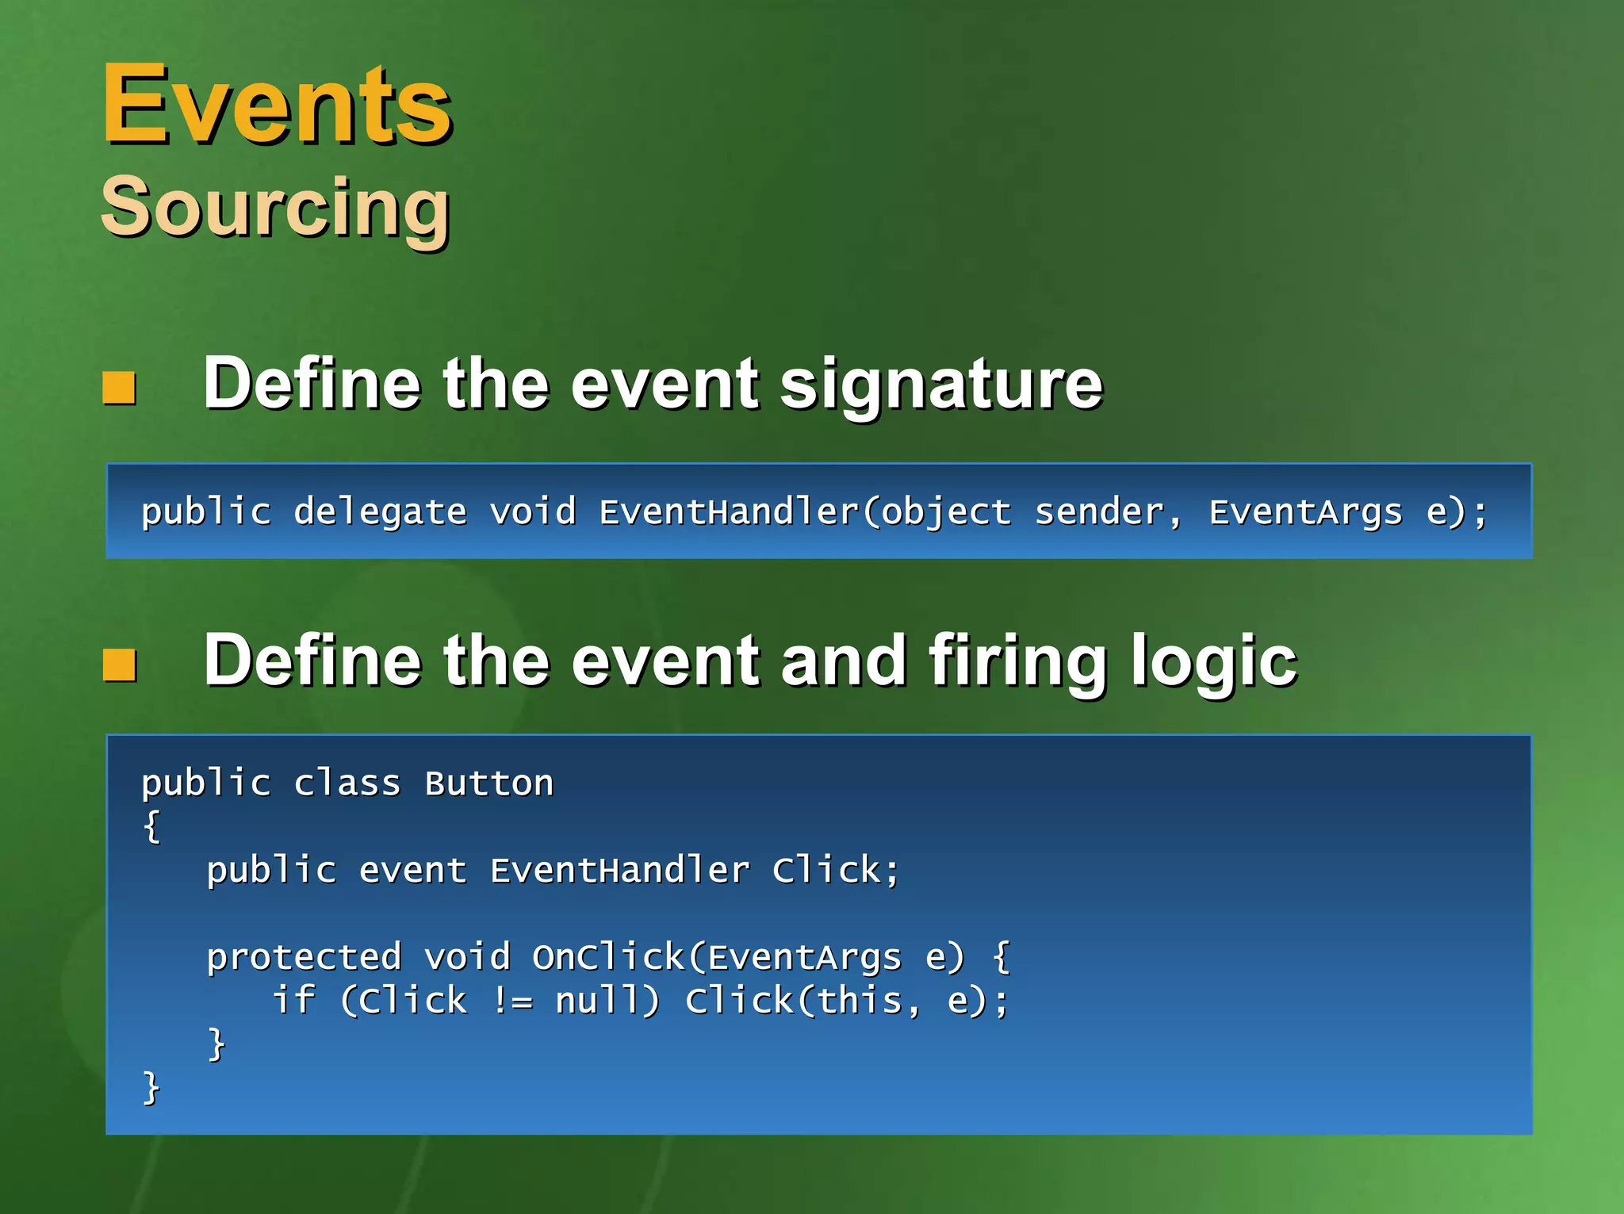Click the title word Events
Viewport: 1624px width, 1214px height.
pyautogui.click(x=277, y=105)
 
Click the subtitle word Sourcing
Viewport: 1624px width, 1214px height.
pyautogui.click(x=275, y=208)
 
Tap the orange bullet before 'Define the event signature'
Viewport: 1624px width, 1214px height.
pyautogui.click(x=120, y=388)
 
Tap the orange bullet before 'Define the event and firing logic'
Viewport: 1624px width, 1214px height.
pyautogui.click(x=120, y=664)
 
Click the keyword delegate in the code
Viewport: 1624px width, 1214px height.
pyautogui.click(x=380, y=512)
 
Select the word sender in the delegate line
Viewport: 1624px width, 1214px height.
pyautogui.click(x=1099, y=512)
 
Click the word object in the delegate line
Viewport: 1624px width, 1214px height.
pyautogui.click(x=946, y=512)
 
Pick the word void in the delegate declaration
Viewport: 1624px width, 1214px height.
pyautogui.click(x=532, y=512)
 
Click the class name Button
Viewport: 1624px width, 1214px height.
pyautogui.click(x=488, y=784)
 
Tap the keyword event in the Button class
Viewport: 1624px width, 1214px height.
pyautogui.click(x=412, y=871)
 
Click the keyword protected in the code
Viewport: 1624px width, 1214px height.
pyautogui.click(x=304, y=958)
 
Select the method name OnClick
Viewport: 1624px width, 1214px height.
pyautogui.click(x=607, y=958)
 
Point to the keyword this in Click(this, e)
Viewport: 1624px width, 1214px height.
pyautogui.click(x=859, y=1001)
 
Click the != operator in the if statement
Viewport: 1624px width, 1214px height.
pyautogui.click(x=512, y=1001)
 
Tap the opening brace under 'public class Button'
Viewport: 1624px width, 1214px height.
pyautogui.click(x=151, y=827)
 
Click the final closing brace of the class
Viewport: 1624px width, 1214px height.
pyautogui.click(x=151, y=1088)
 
